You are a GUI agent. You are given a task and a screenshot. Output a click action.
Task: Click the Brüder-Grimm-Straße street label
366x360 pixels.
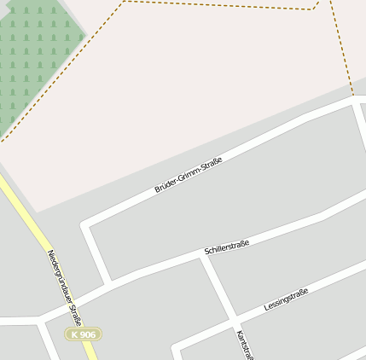click(x=189, y=174)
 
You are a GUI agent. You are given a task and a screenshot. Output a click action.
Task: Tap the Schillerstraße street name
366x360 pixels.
click(x=226, y=248)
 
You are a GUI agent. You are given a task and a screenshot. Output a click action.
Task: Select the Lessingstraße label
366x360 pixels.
click(x=286, y=299)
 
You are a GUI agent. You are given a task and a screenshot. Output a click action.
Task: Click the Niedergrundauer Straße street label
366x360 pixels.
click(x=64, y=287)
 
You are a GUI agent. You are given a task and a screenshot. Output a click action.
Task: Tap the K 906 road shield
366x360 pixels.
click(x=84, y=334)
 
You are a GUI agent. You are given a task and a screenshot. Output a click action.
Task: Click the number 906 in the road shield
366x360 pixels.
click(x=88, y=334)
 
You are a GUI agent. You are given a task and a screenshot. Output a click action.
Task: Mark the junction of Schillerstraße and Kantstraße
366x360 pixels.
click(x=204, y=256)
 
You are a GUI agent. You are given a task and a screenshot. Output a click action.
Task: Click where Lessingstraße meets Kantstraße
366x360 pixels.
click(x=233, y=322)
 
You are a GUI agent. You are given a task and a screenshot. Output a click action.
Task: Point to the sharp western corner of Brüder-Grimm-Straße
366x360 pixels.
click(x=85, y=226)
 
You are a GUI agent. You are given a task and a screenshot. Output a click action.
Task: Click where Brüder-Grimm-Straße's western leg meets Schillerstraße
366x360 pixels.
click(x=107, y=282)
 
